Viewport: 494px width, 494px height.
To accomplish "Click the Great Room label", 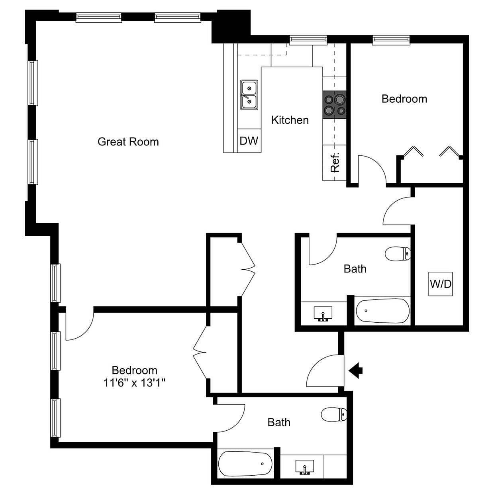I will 128,142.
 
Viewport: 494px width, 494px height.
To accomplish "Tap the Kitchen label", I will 290,120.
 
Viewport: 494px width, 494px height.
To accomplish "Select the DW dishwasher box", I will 249,140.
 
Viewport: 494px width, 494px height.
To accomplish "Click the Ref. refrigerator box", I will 334,163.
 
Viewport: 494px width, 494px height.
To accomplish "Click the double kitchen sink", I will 249,94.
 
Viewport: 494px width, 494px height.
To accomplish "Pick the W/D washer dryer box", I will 441,284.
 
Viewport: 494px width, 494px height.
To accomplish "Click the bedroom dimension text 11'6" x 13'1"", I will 134,383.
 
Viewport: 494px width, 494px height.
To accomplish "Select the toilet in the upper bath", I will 398,253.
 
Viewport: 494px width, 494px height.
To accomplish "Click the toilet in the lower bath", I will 334,414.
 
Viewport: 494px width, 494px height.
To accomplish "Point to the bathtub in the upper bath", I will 382,311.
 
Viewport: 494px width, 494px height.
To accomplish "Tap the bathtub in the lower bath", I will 245,464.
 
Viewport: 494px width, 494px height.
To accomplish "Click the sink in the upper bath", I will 323,313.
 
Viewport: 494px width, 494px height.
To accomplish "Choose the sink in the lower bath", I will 305,467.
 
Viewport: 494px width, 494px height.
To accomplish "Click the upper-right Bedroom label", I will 404,99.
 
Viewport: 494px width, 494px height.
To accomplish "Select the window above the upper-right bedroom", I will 391,39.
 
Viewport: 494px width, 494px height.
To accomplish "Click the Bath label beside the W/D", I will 355,269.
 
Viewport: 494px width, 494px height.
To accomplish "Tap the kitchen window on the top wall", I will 308,40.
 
